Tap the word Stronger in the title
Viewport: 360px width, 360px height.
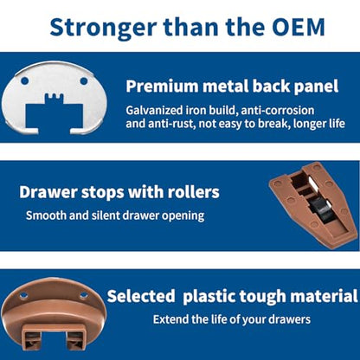[x=103, y=29]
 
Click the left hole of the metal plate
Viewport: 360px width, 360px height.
[x=25, y=80]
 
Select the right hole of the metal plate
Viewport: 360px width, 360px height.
[x=84, y=81]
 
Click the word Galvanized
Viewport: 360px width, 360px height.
[x=154, y=111]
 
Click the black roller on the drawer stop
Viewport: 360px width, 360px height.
[x=320, y=209]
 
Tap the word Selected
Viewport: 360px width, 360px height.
[x=141, y=296]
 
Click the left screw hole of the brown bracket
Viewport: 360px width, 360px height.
[x=23, y=295]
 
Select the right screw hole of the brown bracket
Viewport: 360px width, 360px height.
[x=84, y=295]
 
